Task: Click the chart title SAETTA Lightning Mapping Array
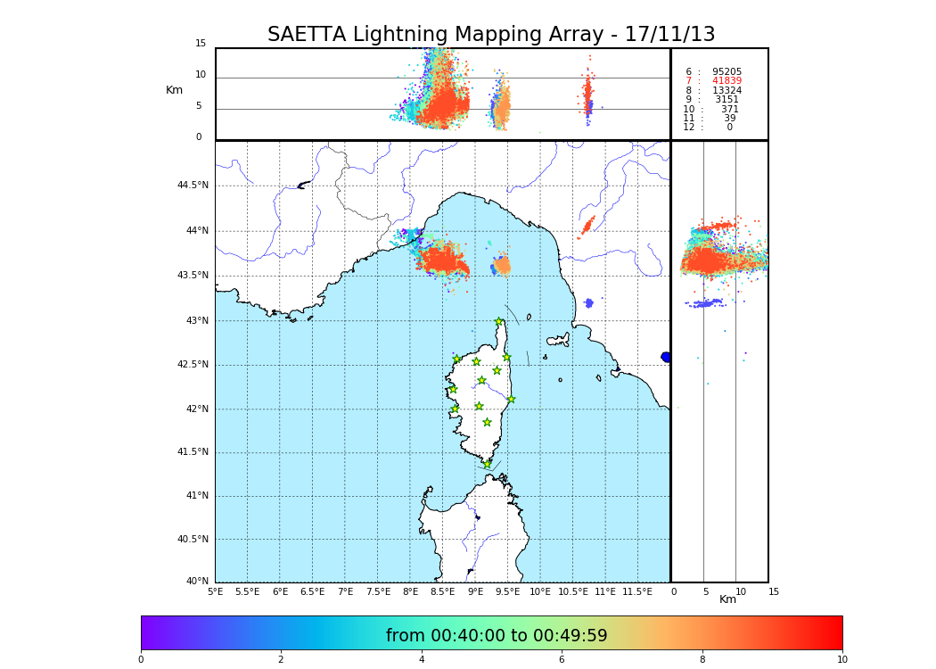click(x=491, y=35)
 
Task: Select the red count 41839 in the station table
click(x=727, y=81)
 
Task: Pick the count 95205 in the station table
click(x=727, y=71)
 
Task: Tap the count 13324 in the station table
click(x=727, y=90)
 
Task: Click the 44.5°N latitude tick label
click(x=193, y=186)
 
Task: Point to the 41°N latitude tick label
click(x=195, y=496)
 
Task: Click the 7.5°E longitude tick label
click(x=378, y=591)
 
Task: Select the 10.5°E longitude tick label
click(x=573, y=591)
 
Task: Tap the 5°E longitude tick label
click(x=215, y=591)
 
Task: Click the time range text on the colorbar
click(x=497, y=636)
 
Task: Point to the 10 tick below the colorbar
click(x=842, y=660)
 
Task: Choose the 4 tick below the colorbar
click(x=422, y=660)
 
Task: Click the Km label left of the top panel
click(x=175, y=90)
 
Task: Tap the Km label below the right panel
click(x=728, y=599)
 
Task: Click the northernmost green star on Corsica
click(x=499, y=322)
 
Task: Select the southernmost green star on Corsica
click(x=487, y=464)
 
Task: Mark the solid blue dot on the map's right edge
click(x=666, y=357)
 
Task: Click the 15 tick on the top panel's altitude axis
click(x=201, y=44)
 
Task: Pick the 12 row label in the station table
click(x=688, y=128)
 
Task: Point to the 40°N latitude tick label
click(x=197, y=582)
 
